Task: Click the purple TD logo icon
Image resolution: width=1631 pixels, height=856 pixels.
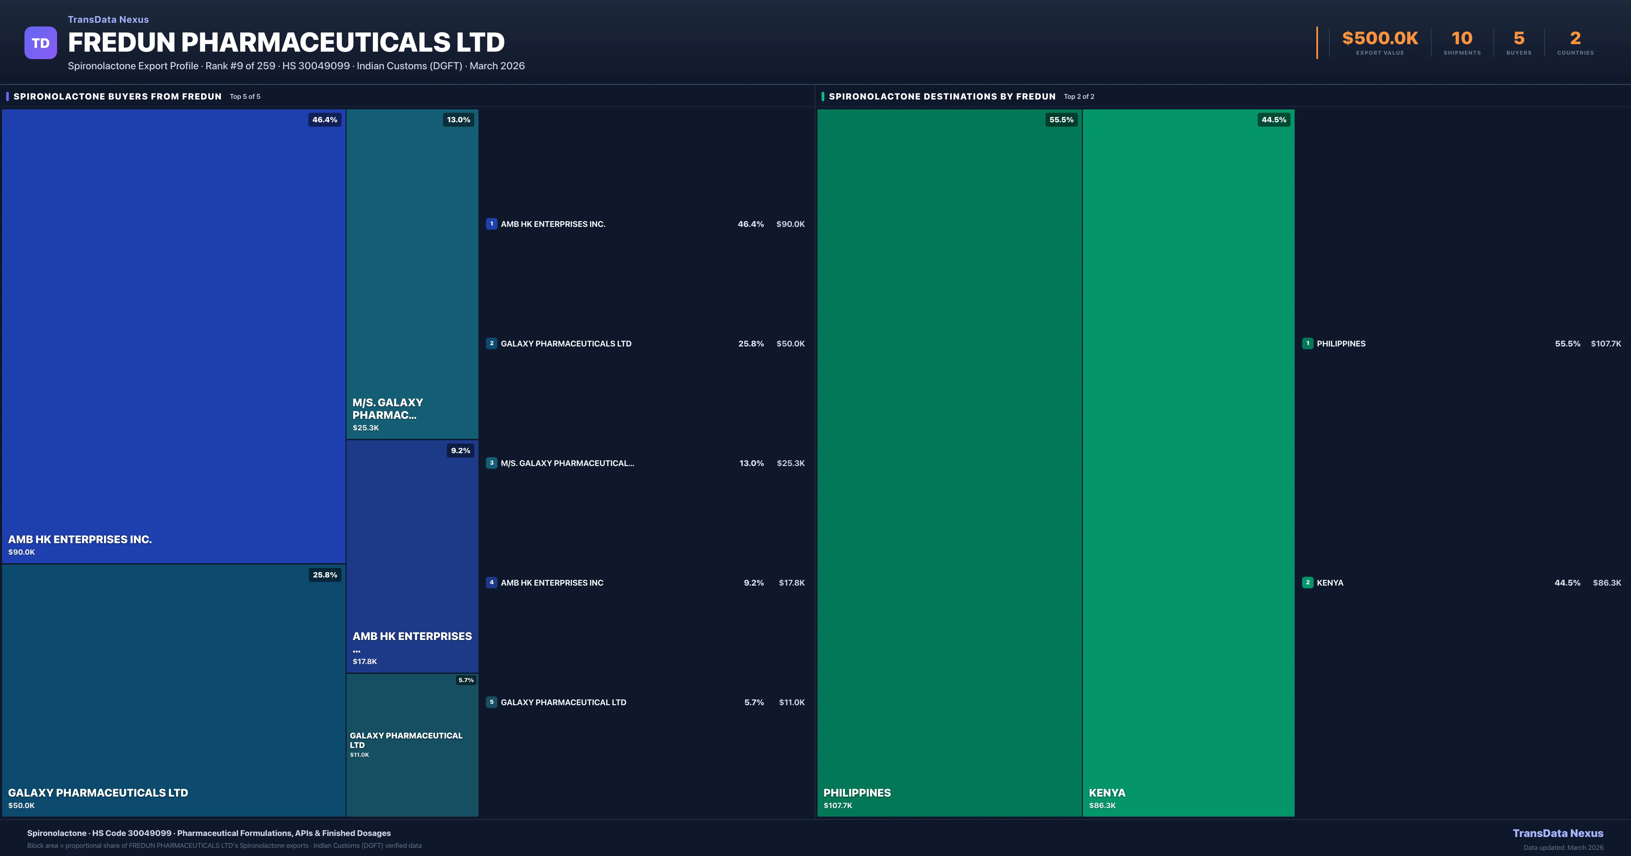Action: click(40, 43)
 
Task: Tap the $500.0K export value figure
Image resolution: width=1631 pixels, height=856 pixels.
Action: click(1380, 39)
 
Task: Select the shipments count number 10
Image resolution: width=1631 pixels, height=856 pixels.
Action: click(1461, 39)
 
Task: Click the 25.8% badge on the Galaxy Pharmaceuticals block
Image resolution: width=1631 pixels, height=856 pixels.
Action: click(325, 575)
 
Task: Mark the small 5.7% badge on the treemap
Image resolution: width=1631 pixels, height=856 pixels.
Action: click(466, 680)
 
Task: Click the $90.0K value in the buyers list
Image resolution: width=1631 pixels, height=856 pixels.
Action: click(790, 224)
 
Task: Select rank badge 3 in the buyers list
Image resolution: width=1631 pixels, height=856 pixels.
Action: click(491, 463)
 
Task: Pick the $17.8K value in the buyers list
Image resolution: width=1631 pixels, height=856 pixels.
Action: click(791, 583)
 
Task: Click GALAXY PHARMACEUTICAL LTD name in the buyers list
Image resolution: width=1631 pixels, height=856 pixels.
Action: click(563, 702)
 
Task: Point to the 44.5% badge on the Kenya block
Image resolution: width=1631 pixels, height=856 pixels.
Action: click(1273, 120)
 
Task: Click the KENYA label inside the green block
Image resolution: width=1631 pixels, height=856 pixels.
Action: click(1107, 793)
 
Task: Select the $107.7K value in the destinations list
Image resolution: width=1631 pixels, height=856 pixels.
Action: click(1606, 344)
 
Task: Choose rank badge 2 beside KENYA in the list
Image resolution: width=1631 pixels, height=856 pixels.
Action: click(1308, 583)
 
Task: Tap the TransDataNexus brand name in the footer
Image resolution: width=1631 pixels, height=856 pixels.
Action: click(1558, 833)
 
